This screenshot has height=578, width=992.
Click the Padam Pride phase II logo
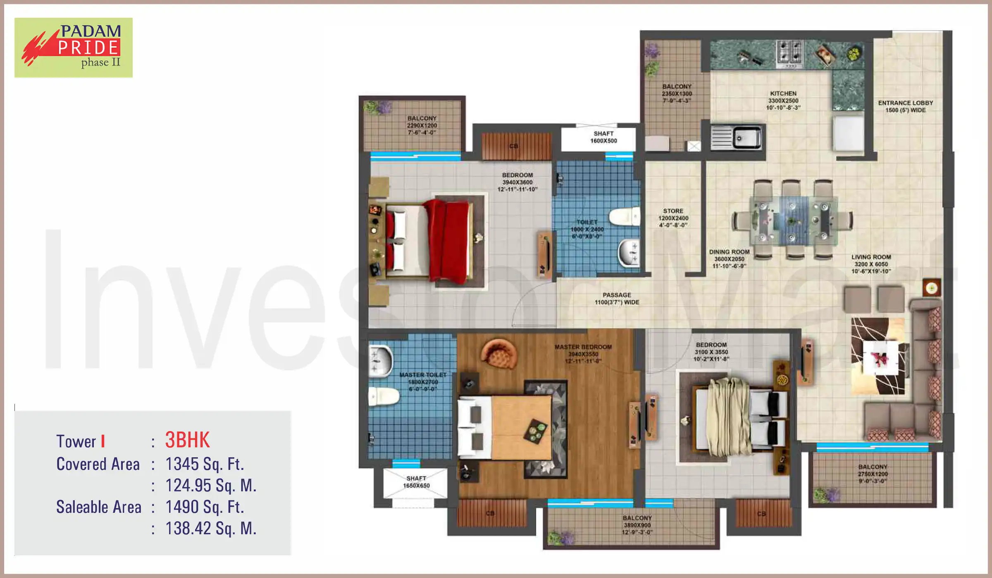(x=74, y=47)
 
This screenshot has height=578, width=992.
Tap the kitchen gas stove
(x=789, y=54)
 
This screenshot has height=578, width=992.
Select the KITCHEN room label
(x=783, y=100)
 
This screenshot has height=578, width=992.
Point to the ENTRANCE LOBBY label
(x=905, y=106)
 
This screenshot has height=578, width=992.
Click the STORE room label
(x=673, y=218)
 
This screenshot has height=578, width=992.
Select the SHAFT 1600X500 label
(x=603, y=137)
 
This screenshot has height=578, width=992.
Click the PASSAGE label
(x=617, y=298)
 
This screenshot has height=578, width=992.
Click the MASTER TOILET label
(x=422, y=381)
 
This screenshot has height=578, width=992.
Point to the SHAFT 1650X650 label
(x=416, y=482)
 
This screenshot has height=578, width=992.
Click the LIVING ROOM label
(x=871, y=264)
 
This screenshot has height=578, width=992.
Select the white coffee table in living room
(x=880, y=358)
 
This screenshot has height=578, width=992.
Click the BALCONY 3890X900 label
(x=637, y=525)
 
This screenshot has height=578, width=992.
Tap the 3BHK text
(x=187, y=440)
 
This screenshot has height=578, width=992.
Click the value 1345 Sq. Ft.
(x=205, y=464)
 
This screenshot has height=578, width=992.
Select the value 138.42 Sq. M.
(x=211, y=528)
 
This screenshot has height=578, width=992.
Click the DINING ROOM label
(x=729, y=259)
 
